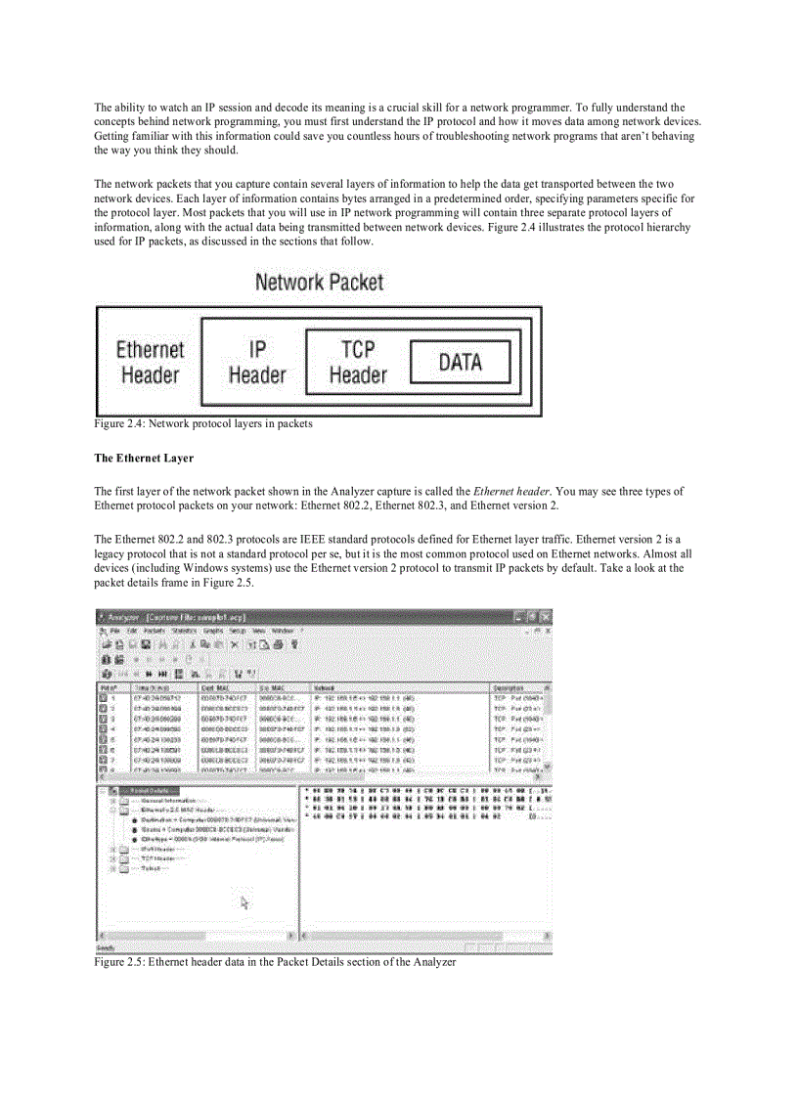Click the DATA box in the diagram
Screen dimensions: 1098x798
(x=460, y=362)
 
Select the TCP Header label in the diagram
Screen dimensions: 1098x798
(x=358, y=362)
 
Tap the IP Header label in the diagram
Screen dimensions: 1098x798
(x=256, y=362)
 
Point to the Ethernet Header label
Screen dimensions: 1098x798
(x=150, y=362)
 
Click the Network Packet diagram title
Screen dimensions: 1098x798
(x=319, y=283)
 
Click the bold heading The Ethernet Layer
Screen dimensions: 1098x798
(x=144, y=458)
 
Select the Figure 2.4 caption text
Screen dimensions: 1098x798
(x=203, y=423)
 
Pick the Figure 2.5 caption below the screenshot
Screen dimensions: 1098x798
(x=275, y=962)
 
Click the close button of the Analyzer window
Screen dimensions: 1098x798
(x=545, y=617)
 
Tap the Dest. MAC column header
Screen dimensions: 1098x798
(x=214, y=688)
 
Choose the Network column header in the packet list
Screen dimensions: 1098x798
(x=325, y=688)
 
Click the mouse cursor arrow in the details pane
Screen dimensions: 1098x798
(x=244, y=902)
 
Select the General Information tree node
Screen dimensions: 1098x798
(x=161, y=800)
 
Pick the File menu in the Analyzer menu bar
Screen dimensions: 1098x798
(x=115, y=632)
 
